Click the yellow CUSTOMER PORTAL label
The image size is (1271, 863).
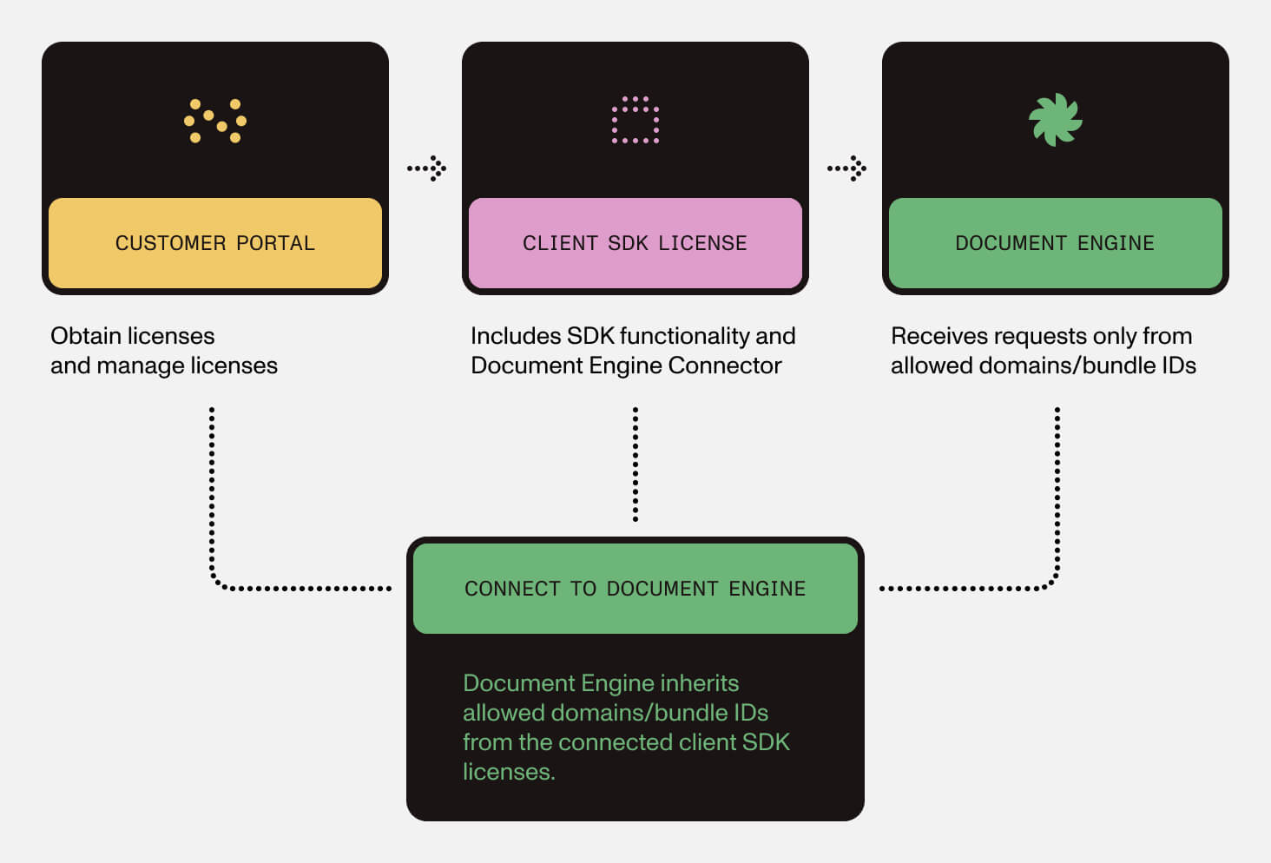[x=214, y=243]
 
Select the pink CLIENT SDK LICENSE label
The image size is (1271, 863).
[x=635, y=243]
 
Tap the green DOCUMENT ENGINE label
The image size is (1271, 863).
[x=1055, y=243]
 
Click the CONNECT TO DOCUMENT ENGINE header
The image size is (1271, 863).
[x=635, y=589]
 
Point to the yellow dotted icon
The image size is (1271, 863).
[x=215, y=120]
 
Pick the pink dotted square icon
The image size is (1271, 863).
[x=635, y=120]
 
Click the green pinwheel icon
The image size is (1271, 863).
[x=1055, y=120]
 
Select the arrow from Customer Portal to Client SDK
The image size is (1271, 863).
[x=427, y=168]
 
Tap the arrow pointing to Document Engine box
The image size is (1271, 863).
[x=847, y=168]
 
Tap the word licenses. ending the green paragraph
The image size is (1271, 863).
[x=508, y=772]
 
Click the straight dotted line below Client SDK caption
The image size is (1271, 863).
[x=635, y=464]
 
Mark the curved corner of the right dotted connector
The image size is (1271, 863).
[x=1051, y=582]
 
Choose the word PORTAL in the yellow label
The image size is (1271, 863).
[x=275, y=243]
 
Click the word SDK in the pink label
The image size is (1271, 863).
[x=628, y=243]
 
